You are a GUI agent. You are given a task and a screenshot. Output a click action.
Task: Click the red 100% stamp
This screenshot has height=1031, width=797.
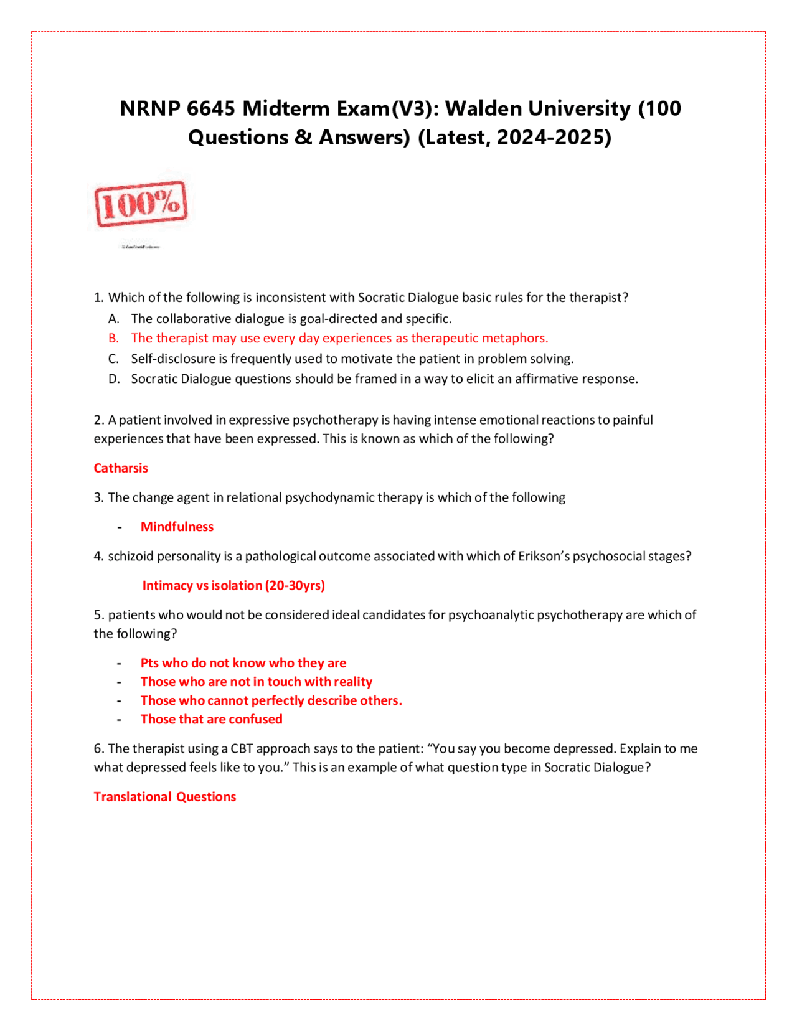141,204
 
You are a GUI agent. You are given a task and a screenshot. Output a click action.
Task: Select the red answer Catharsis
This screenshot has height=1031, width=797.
121,468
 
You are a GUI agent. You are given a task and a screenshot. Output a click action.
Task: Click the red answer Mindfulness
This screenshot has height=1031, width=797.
177,527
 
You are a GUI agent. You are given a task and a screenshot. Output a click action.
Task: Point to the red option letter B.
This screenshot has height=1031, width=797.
113,338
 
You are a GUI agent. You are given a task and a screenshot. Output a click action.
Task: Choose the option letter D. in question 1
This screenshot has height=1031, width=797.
114,379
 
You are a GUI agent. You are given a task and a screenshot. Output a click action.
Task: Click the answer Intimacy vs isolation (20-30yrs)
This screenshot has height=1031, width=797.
233,585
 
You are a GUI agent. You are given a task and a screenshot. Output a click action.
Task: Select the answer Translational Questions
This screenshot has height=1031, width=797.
165,797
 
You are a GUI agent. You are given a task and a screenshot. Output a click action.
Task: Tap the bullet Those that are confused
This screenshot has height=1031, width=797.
211,719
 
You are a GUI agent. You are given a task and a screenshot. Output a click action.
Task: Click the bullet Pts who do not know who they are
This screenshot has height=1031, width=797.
243,663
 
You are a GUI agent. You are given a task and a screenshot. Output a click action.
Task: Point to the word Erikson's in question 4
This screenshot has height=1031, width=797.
544,556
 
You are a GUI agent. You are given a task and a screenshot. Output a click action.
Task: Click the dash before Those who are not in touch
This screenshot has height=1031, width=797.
119,682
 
